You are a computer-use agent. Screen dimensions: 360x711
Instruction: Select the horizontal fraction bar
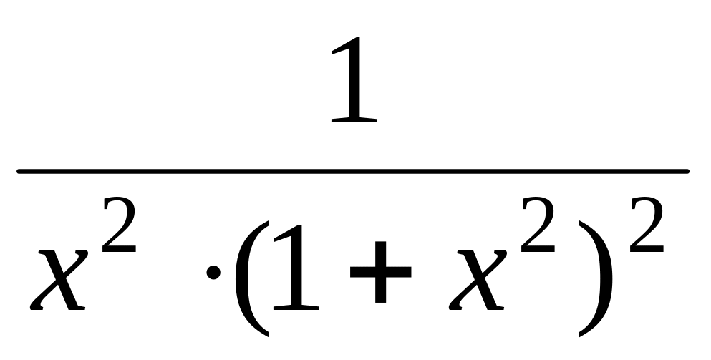pyautogui.click(x=353, y=171)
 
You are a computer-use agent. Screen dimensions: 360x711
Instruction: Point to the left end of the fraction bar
pyautogui.click(x=20, y=171)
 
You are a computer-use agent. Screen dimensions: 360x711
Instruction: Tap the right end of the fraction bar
pyautogui.click(x=686, y=171)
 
